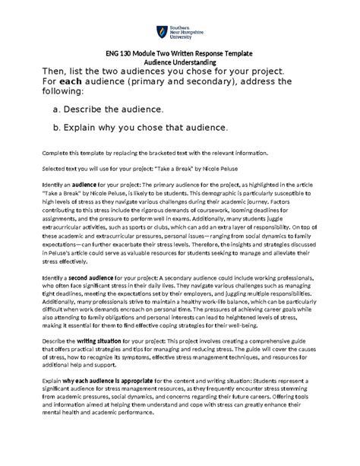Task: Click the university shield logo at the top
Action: pyautogui.click(x=161, y=32)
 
